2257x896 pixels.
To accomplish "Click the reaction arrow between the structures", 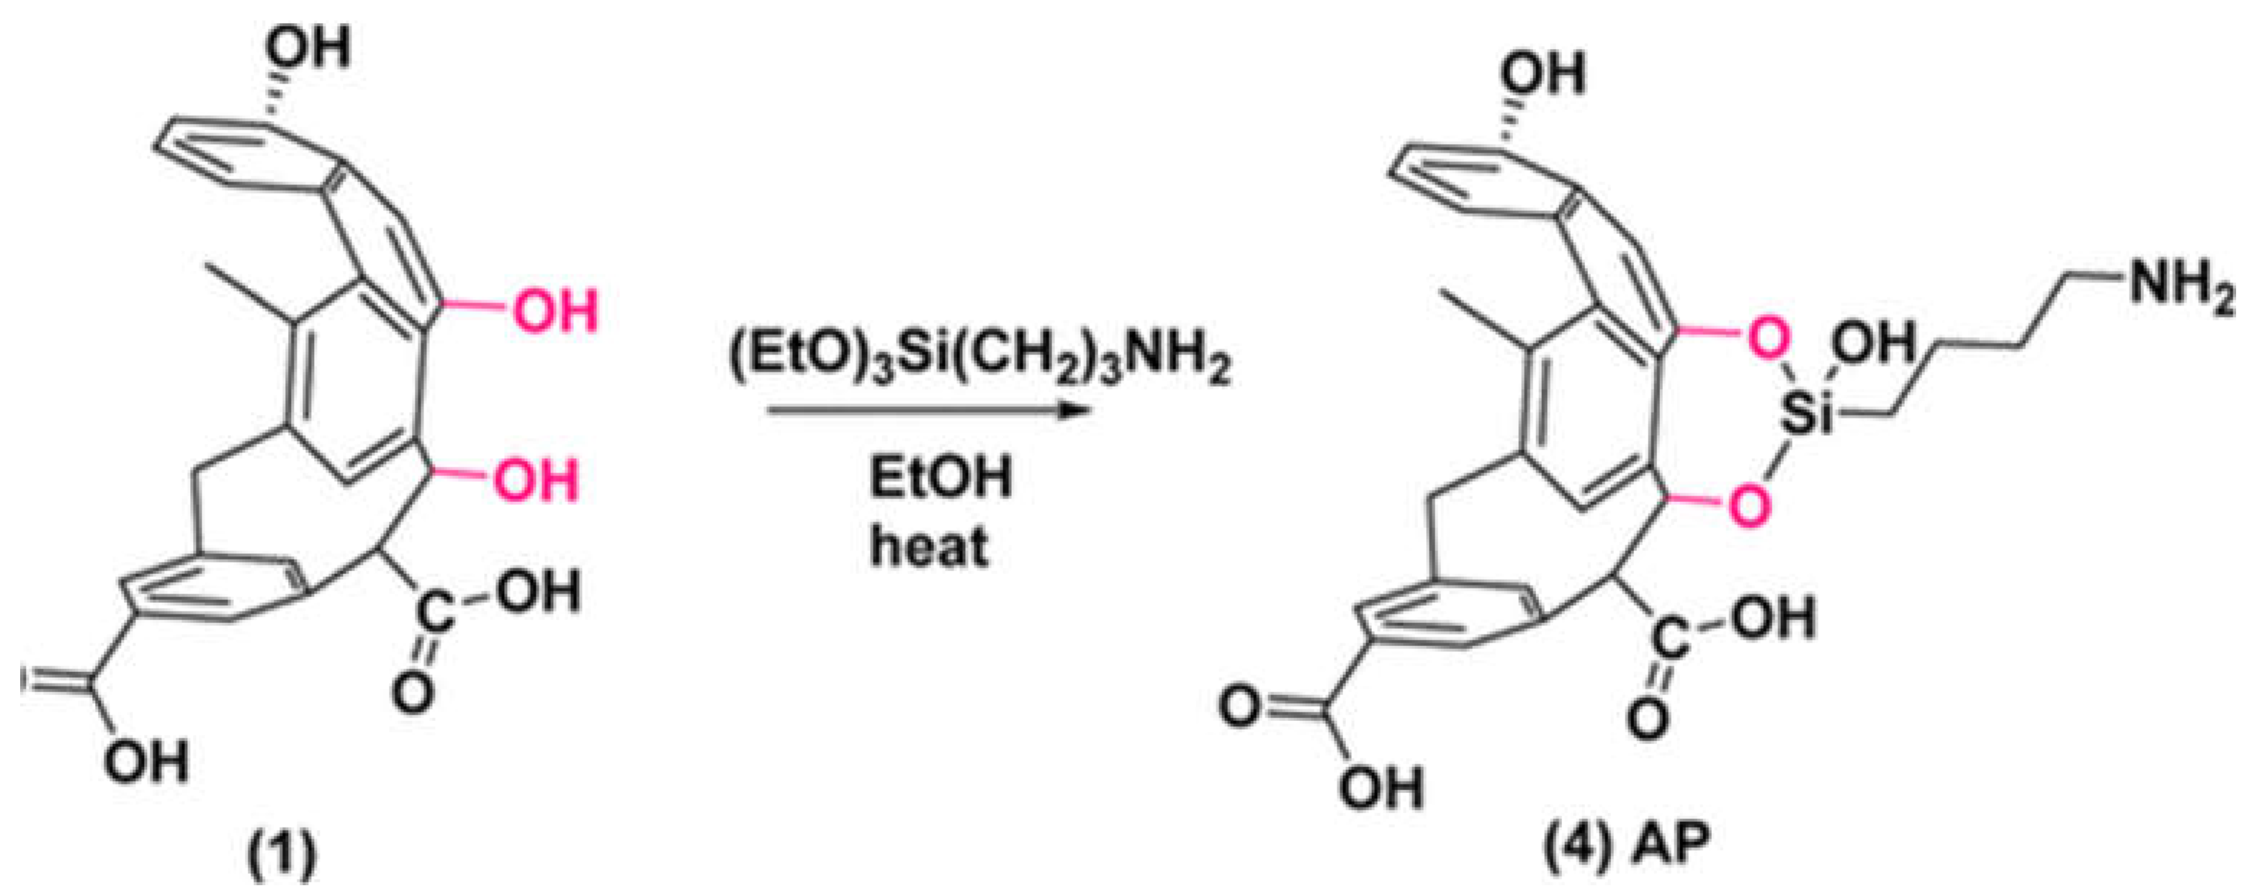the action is coord(925,410).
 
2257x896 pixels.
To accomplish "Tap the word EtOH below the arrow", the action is coord(940,479).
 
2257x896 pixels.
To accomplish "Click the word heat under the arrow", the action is coord(930,546).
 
